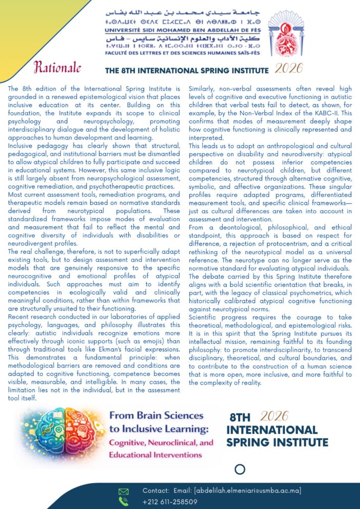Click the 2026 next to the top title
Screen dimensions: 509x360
[x=289, y=68]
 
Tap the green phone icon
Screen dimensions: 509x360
[x=123, y=501]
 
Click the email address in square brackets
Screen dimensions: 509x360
[x=248, y=491]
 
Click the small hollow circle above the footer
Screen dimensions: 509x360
[x=240, y=469]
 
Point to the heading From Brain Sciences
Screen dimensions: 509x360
[x=156, y=416]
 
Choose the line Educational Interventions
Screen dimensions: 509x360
[x=156, y=454]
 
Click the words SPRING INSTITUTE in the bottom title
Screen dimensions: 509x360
[x=277, y=442]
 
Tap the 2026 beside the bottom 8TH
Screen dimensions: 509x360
[x=274, y=417]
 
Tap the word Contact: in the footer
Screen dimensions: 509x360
[x=156, y=491]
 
